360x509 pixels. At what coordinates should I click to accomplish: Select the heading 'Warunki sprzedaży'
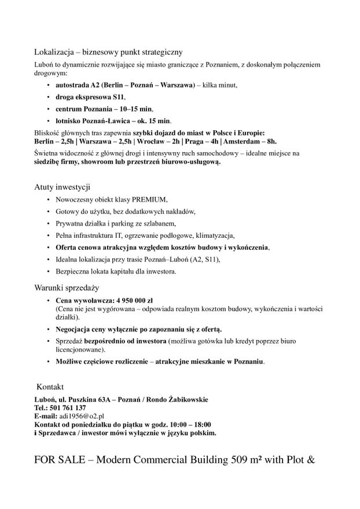(67, 287)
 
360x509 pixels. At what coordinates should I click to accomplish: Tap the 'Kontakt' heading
(50, 386)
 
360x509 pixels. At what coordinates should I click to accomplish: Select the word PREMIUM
(148, 200)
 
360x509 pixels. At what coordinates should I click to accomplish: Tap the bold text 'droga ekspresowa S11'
(90, 97)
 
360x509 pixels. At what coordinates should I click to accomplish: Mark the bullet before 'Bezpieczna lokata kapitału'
(48, 271)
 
